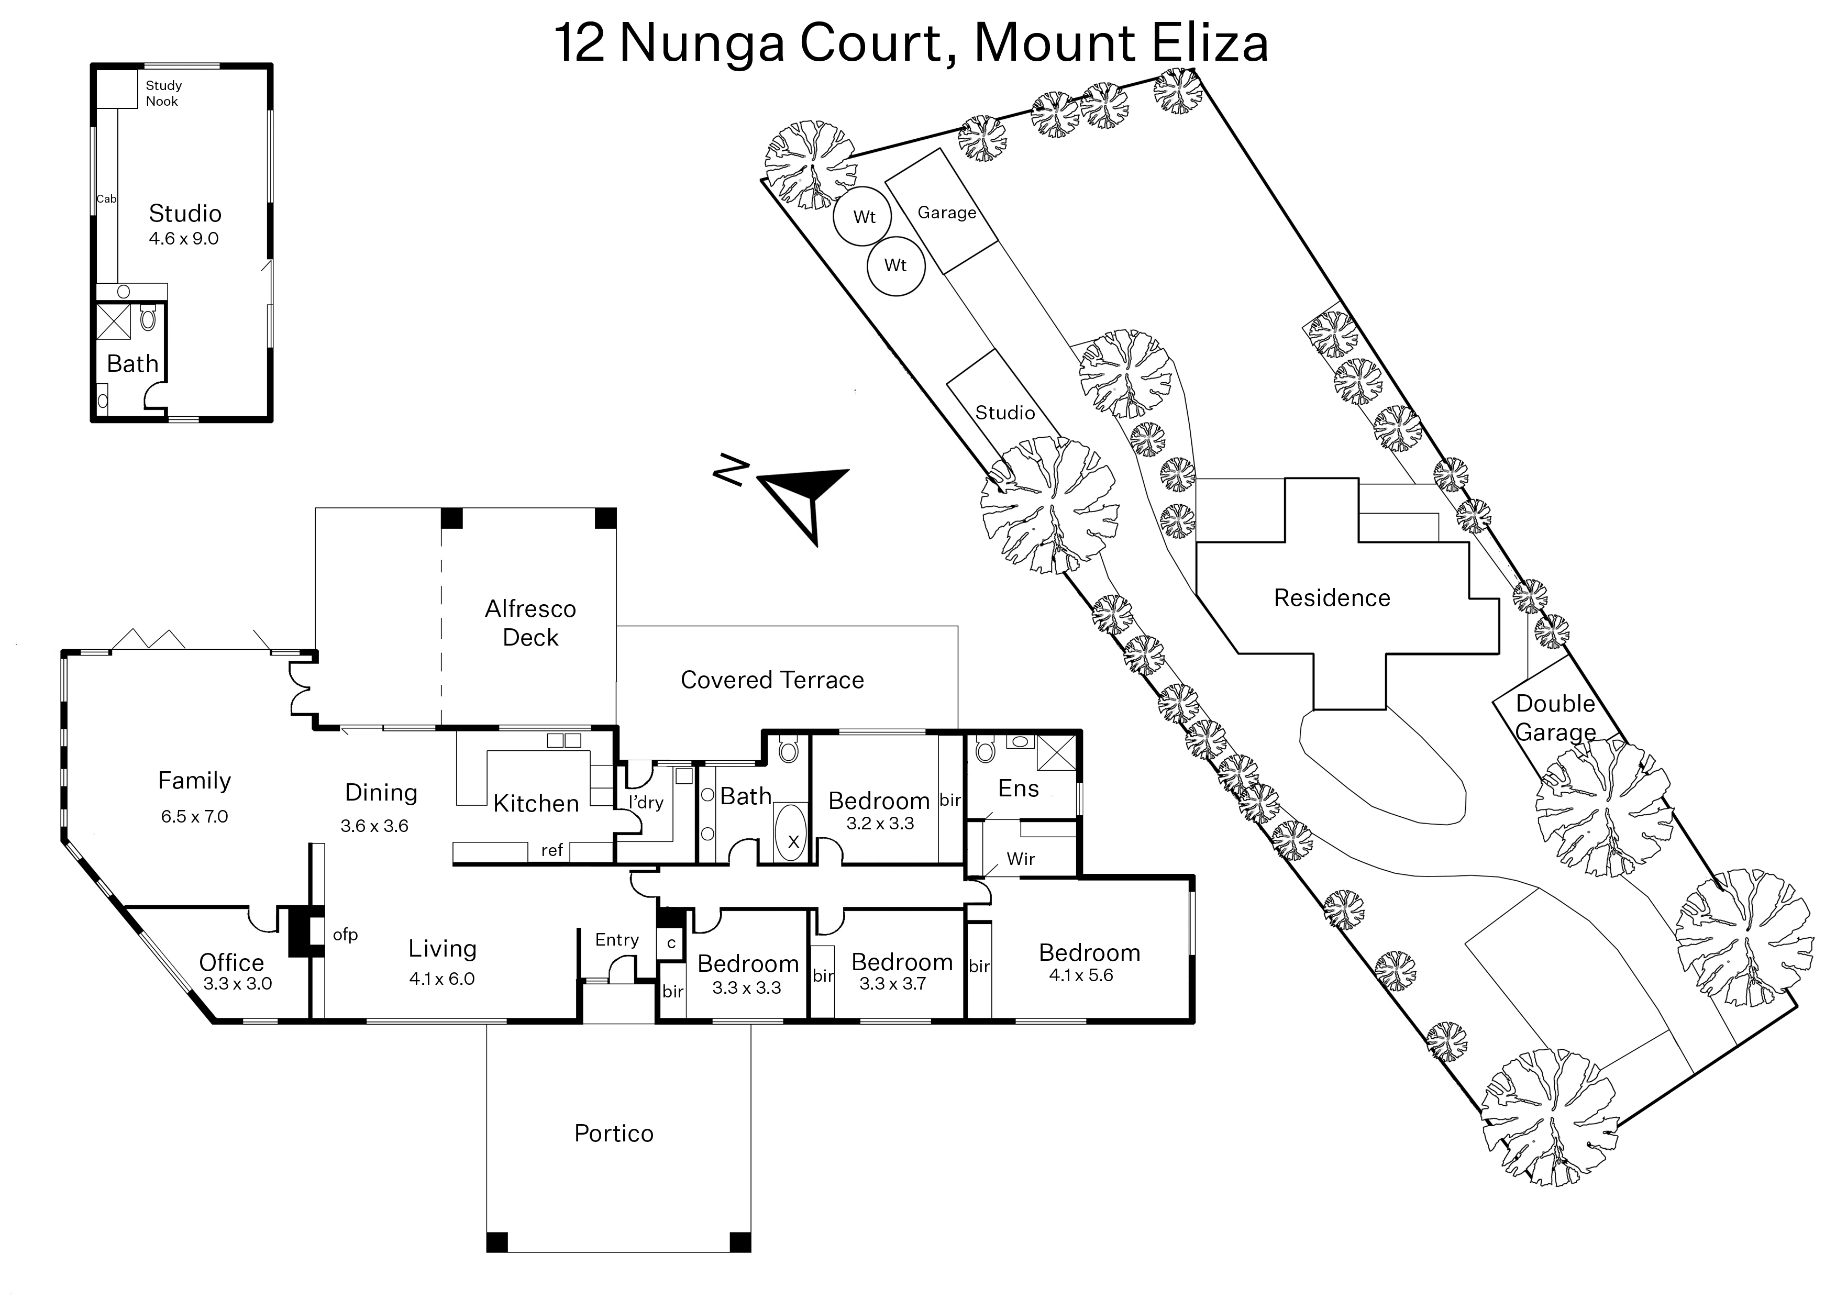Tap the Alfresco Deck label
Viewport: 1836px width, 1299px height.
[x=530, y=623]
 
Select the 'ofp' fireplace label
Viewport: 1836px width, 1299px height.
[x=345, y=934]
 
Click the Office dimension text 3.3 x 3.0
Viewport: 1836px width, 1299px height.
[x=238, y=984]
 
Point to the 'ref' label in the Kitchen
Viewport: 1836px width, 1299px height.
[x=552, y=850]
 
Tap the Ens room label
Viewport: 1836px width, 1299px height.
[x=1019, y=789]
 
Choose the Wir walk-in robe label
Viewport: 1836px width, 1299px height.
[x=1021, y=859]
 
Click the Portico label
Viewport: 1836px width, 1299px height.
[x=614, y=1134]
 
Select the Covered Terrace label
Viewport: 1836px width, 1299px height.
[x=772, y=680]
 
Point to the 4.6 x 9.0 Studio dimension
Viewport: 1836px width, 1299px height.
[x=184, y=238]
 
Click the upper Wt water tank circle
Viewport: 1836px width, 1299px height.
[x=864, y=217]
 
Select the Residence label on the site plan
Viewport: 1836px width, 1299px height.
[x=1332, y=597]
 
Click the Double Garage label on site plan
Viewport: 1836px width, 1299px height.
[x=1555, y=717]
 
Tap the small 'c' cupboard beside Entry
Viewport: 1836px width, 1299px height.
[x=671, y=943]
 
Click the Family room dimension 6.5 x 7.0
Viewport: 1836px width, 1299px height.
[x=194, y=817]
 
